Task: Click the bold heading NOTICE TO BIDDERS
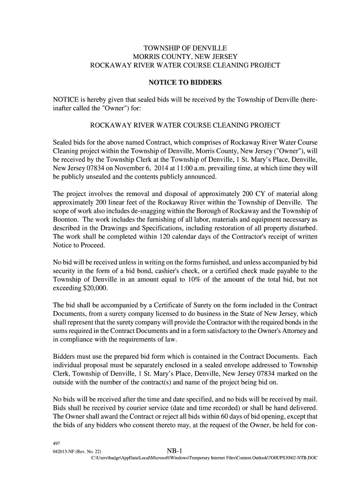click(185, 83)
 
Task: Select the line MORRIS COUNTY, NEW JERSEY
click(185, 57)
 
